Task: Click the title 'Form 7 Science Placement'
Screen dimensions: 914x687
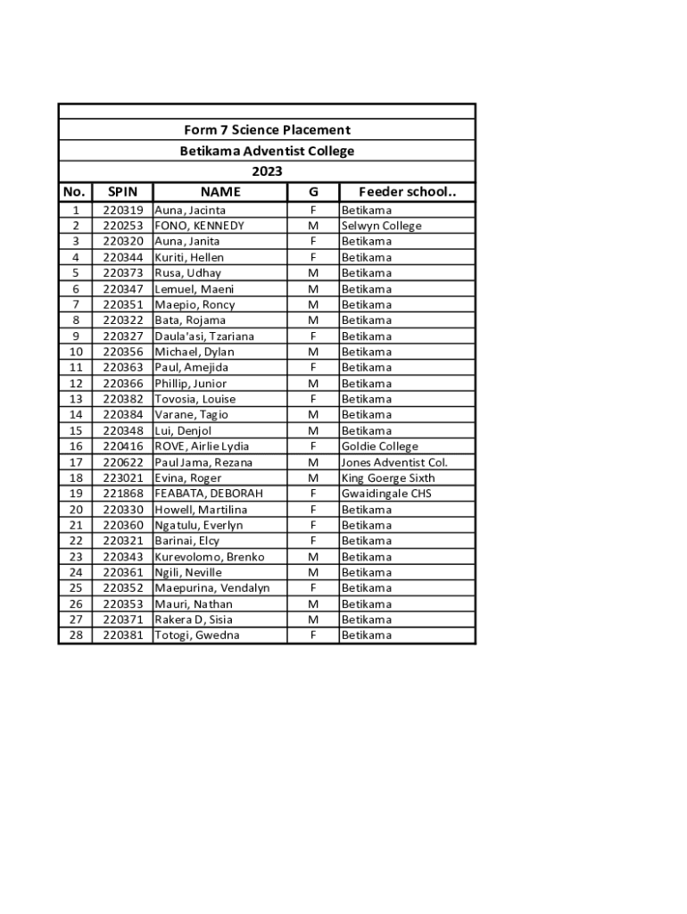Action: click(x=267, y=130)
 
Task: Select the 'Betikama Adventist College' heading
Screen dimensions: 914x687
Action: click(x=267, y=151)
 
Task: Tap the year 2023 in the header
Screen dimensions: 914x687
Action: click(x=267, y=171)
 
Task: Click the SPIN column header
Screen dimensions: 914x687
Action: click(x=122, y=192)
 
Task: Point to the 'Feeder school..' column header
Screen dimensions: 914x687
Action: click(x=407, y=192)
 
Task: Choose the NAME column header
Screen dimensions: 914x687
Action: click(x=220, y=192)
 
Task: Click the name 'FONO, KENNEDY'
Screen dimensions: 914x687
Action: click(x=199, y=226)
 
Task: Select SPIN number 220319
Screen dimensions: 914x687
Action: click(x=122, y=211)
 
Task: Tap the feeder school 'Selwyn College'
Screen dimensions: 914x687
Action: click(x=381, y=226)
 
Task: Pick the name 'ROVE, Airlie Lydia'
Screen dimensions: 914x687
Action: click(x=202, y=446)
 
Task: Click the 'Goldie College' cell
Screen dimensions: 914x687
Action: click(x=379, y=446)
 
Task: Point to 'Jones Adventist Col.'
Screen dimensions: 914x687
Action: click(x=394, y=462)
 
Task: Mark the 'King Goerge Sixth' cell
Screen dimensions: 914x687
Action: click(x=388, y=478)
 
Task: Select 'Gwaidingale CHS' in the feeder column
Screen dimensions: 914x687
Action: click(x=386, y=494)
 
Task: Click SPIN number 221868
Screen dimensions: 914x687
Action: click(x=122, y=494)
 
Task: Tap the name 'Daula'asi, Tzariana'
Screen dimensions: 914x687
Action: click(x=204, y=337)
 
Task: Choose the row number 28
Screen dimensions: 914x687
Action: click(x=76, y=636)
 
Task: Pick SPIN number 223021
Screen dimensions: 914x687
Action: click(x=122, y=478)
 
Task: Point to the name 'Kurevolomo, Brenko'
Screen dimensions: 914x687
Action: click(x=210, y=557)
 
